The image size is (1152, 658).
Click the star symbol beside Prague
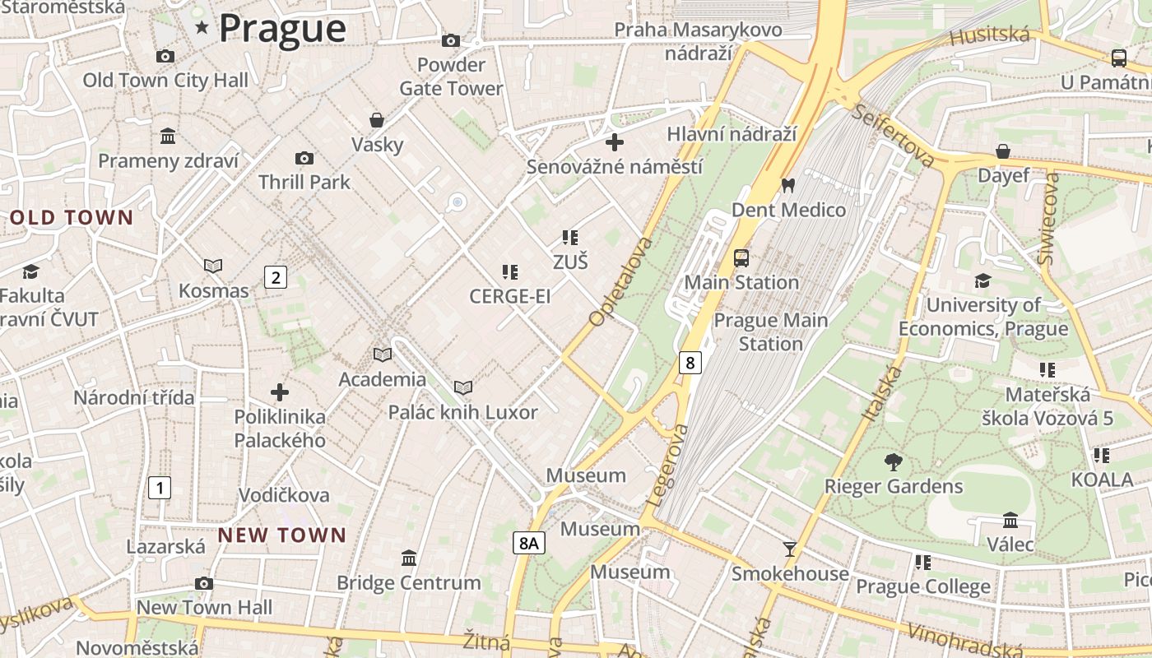[202, 28]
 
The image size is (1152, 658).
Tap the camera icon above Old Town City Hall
[165, 56]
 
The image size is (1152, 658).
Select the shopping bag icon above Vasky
[377, 120]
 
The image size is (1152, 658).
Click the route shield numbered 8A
[529, 543]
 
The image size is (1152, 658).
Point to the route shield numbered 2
[276, 277]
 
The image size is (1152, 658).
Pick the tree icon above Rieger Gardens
[893, 462]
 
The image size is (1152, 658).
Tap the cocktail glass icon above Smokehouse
[790, 549]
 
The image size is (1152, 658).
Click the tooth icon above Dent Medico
[787, 186]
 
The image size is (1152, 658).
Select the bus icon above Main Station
[741, 258]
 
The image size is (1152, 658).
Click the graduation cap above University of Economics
[982, 281]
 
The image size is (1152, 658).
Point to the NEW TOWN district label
[282, 535]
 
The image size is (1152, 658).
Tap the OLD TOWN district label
[72, 218]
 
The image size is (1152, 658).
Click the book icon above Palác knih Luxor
[463, 387]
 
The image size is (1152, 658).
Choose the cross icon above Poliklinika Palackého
[280, 392]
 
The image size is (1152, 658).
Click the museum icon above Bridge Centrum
[408, 559]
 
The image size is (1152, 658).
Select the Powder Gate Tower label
[451, 76]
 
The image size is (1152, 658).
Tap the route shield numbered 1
[160, 488]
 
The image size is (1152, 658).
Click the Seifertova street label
[893, 135]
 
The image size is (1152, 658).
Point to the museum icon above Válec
[1010, 520]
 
